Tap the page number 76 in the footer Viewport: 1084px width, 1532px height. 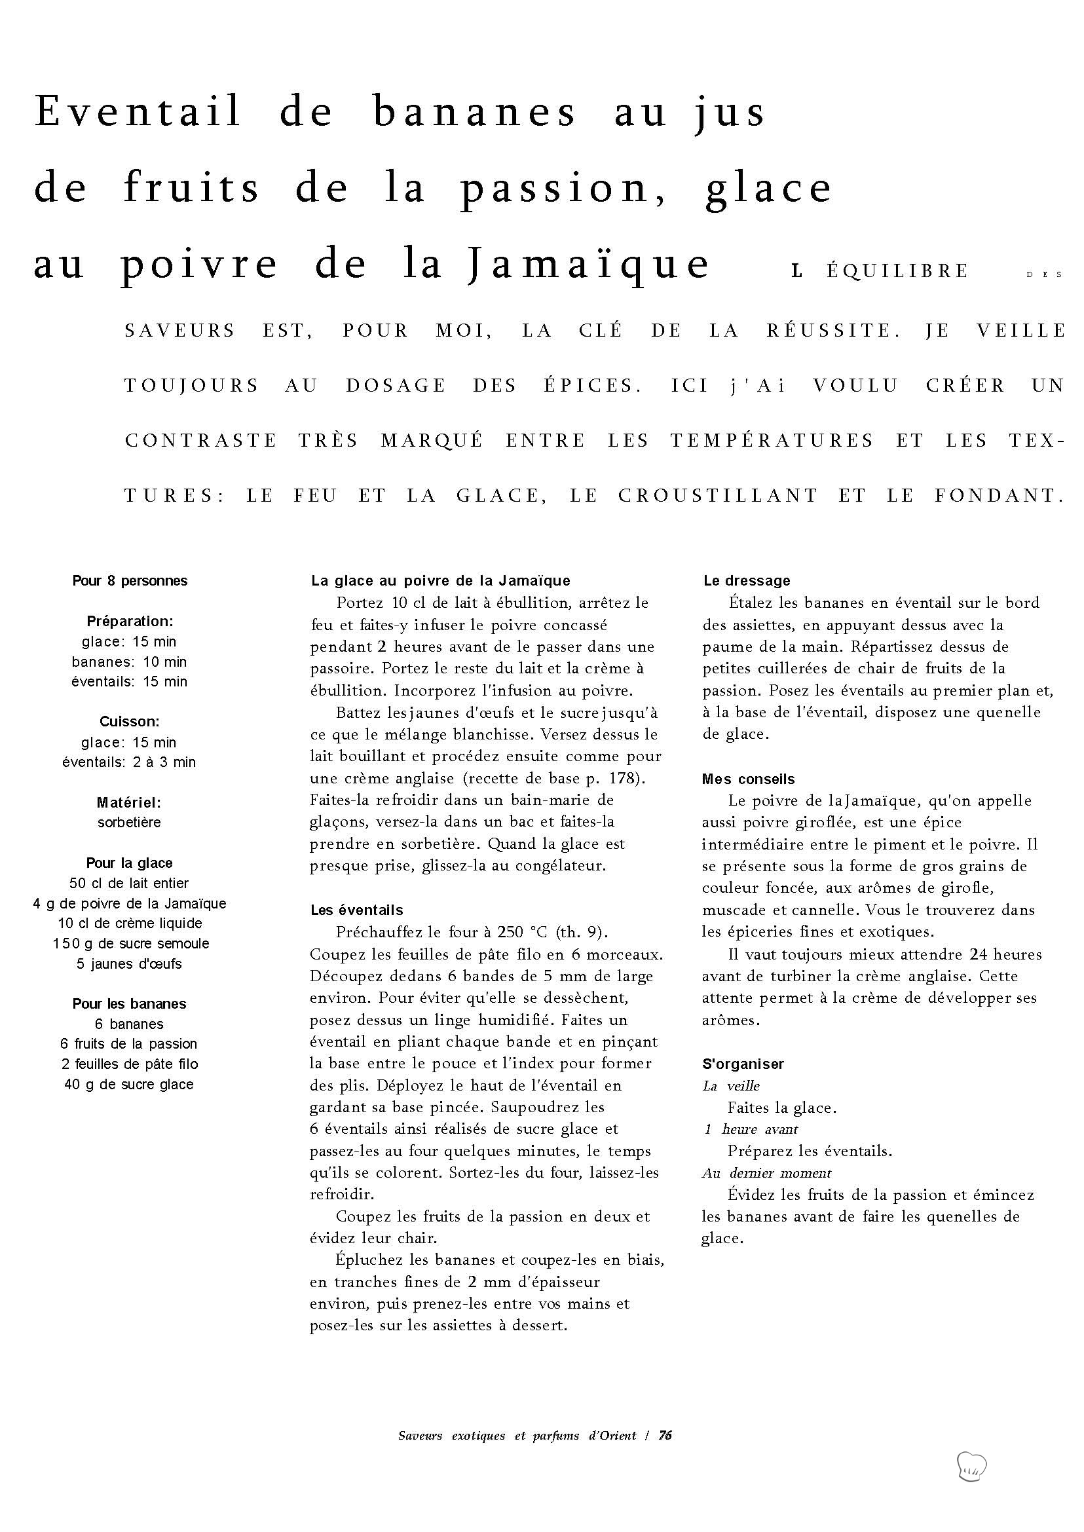click(x=665, y=1435)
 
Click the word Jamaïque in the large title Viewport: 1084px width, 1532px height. click(x=589, y=264)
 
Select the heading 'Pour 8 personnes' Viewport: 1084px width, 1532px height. click(x=130, y=581)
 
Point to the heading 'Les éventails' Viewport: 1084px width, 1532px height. click(x=356, y=910)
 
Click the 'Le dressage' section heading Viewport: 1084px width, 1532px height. click(x=746, y=581)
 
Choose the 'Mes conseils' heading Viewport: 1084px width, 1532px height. click(x=748, y=779)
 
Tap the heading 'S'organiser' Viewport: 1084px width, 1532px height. click(x=743, y=1064)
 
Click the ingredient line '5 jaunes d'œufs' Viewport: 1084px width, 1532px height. click(x=130, y=964)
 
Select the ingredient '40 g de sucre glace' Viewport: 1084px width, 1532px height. click(x=129, y=1085)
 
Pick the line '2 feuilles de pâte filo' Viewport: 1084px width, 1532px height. click(x=129, y=1064)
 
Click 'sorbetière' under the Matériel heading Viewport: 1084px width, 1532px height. click(x=129, y=823)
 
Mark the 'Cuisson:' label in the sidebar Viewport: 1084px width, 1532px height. click(x=130, y=722)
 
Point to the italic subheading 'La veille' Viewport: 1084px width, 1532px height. click(x=731, y=1086)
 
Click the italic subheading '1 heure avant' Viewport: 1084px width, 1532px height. click(x=751, y=1129)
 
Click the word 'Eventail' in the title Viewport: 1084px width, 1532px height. click(x=138, y=111)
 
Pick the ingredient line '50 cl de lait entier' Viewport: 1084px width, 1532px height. click(x=129, y=883)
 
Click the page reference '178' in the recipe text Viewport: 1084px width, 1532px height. click(x=627, y=778)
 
